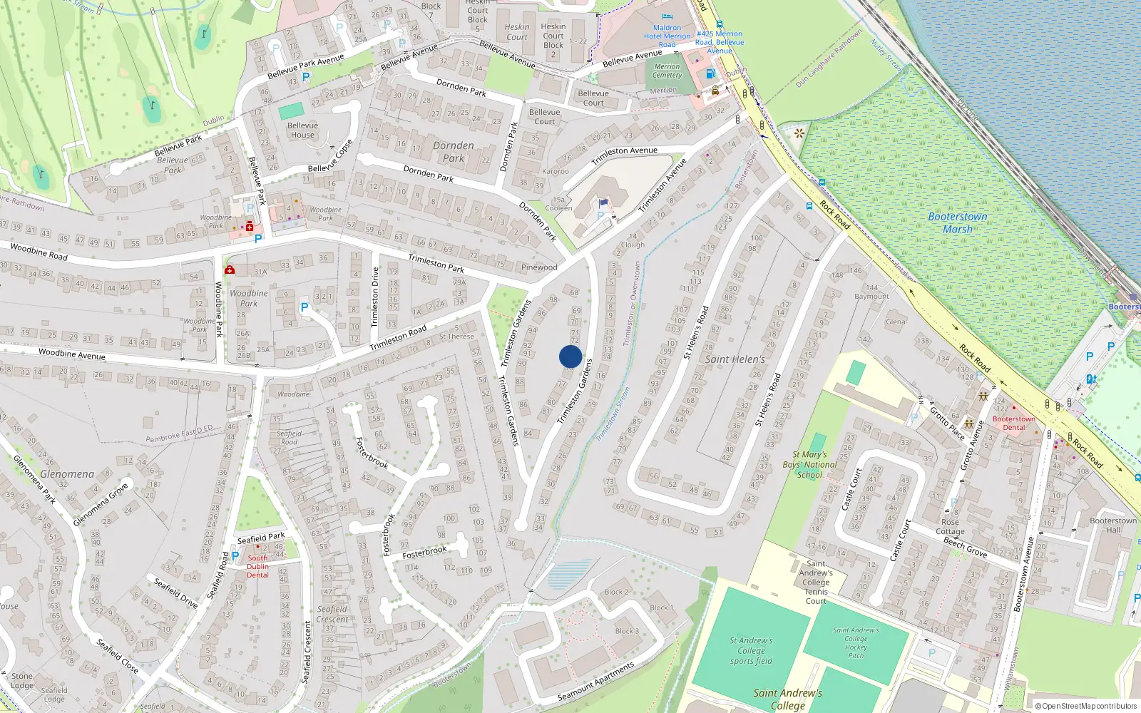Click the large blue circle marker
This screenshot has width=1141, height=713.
point(570,356)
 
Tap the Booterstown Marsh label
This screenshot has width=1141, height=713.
point(958,222)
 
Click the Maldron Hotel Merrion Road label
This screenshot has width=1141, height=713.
point(667,36)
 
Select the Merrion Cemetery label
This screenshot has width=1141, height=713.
point(667,71)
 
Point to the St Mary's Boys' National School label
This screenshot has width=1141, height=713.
point(810,464)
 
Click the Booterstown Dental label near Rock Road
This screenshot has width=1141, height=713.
point(1013,423)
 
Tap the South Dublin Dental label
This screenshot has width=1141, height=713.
point(258,566)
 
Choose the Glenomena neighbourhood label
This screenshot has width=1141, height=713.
point(67,474)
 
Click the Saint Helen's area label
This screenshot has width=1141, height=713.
point(735,359)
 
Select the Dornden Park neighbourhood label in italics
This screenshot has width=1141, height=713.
point(454,152)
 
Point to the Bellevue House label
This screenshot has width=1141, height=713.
point(302,130)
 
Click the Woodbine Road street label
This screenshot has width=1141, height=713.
point(39,251)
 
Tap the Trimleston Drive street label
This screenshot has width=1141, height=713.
point(375,297)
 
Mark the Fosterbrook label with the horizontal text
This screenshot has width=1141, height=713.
point(424,553)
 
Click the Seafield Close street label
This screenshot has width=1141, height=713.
point(118,656)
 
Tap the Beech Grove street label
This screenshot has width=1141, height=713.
point(965,548)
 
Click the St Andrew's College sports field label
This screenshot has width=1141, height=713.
point(751,650)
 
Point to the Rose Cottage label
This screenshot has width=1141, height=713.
point(950,526)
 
